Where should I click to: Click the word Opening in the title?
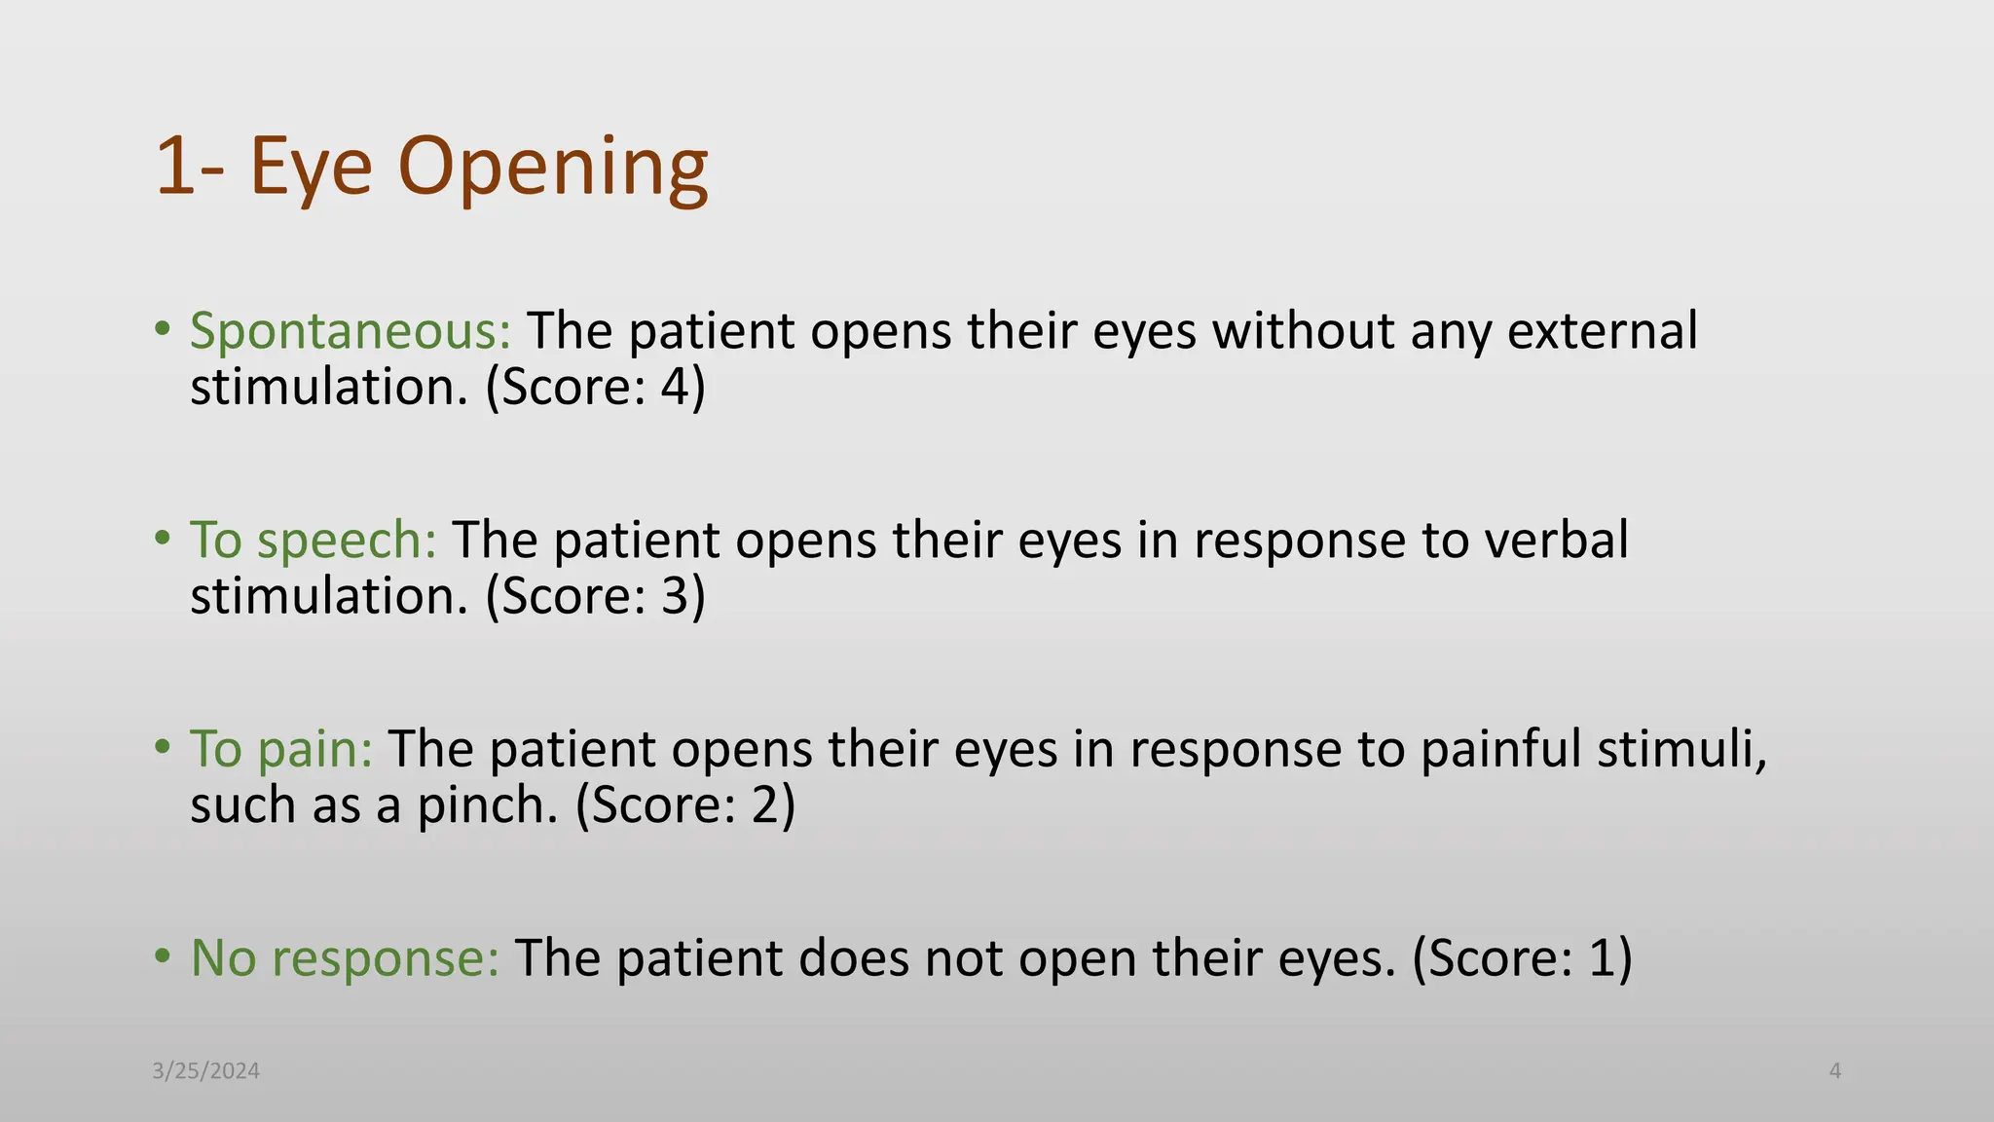coord(552,168)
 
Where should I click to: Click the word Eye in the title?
coord(311,168)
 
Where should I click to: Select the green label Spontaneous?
coord(351,331)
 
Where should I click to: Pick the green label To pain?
coord(281,749)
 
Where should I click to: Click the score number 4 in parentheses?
coord(675,388)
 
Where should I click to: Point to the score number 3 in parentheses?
coord(675,596)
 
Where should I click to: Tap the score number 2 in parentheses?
coord(765,805)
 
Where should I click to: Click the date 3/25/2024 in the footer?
coord(206,1071)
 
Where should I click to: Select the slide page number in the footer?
coord(1835,1071)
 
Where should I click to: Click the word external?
coord(1603,331)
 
